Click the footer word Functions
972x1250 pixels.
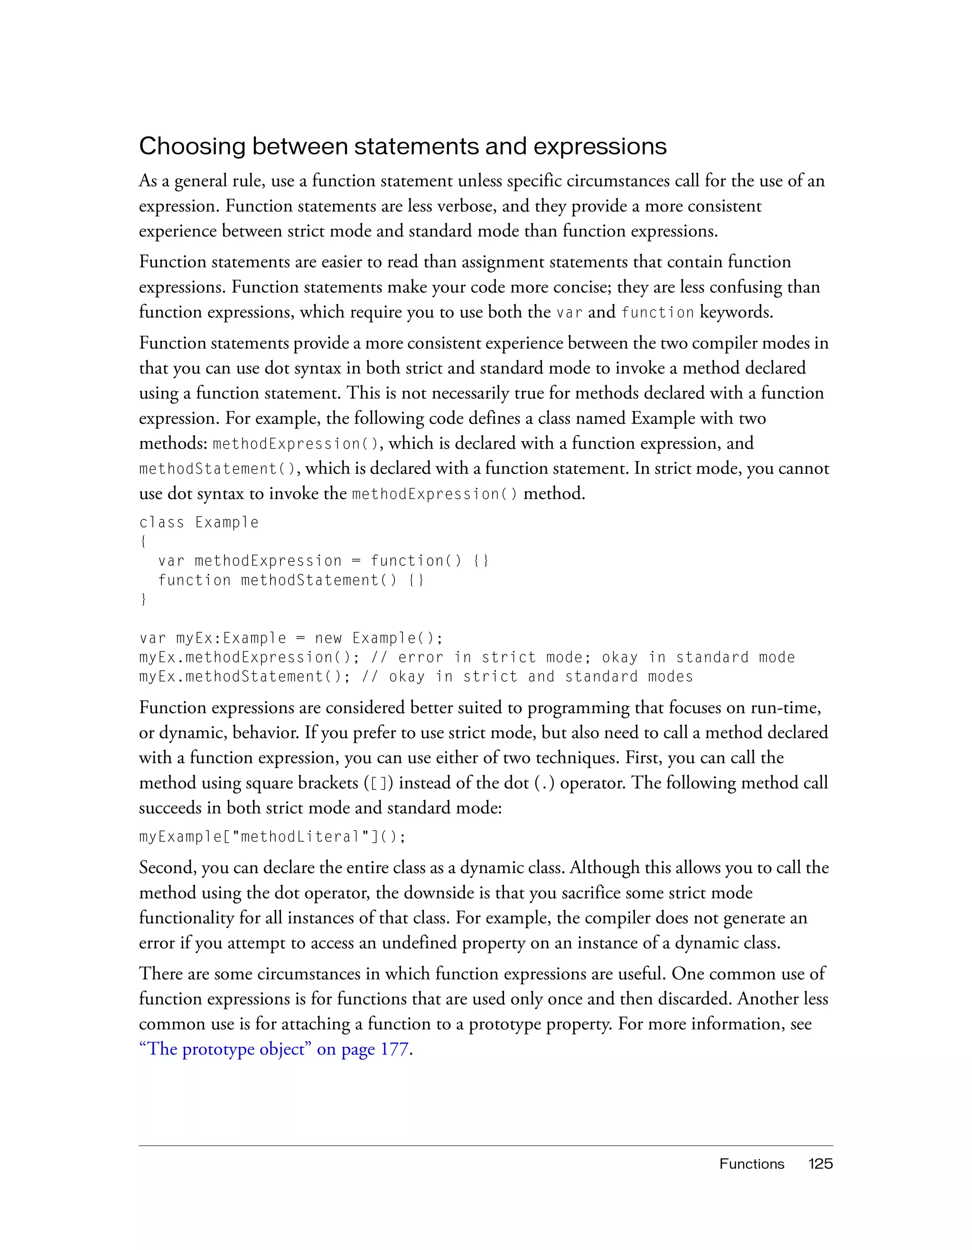[751, 1164]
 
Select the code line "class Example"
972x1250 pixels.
[198, 523]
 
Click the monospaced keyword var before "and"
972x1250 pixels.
[569, 312]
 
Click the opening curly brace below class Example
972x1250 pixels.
[142, 541]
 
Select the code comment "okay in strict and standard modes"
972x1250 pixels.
[541, 677]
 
